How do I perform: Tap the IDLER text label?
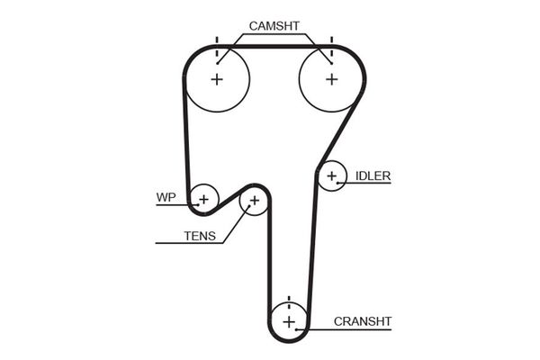(x=373, y=175)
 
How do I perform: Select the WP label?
(x=166, y=196)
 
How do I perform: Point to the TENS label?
(x=200, y=237)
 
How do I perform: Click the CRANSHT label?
(x=363, y=320)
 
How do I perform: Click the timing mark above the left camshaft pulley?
(x=217, y=41)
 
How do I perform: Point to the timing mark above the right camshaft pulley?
(x=331, y=41)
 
